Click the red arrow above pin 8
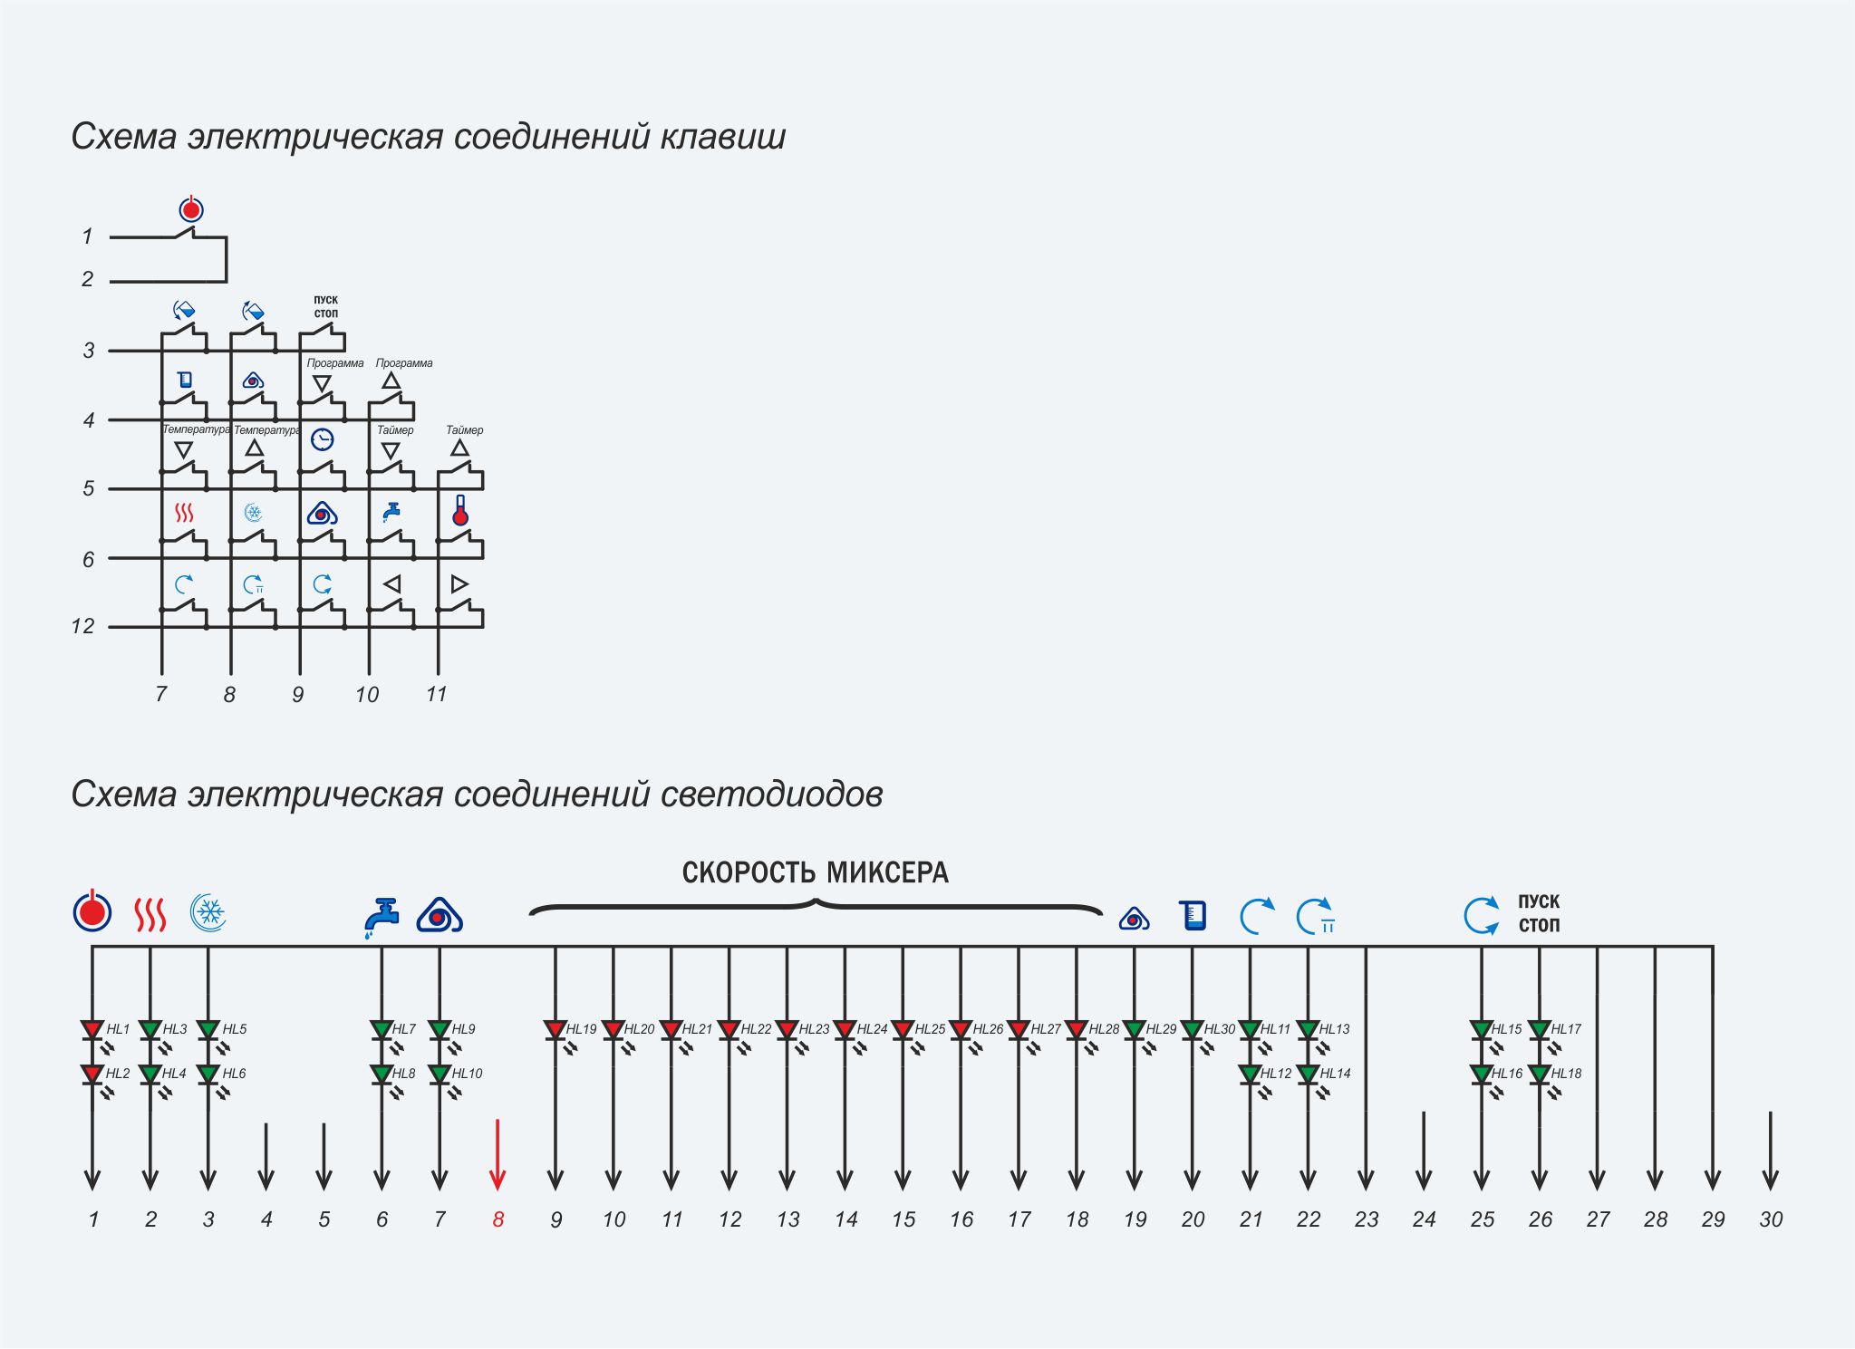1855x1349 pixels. (x=498, y=1155)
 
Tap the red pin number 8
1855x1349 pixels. (x=498, y=1219)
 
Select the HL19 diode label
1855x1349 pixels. (x=582, y=1029)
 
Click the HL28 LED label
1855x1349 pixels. (x=1104, y=1029)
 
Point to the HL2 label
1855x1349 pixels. (x=118, y=1074)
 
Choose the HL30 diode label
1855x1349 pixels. (x=1220, y=1029)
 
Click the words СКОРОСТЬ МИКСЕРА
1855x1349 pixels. (x=815, y=872)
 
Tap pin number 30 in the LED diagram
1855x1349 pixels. (x=1771, y=1219)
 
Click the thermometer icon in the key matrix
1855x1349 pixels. (x=460, y=511)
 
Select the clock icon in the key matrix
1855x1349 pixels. (x=322, y=439)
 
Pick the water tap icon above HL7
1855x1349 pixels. (x=382, y=918)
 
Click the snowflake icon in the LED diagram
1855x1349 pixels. (x=208, y=912)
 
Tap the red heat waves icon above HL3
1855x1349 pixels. (x=150, y=914)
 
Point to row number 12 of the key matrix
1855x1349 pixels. (x=82, y=626)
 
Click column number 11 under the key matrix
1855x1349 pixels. (x=436, y=694)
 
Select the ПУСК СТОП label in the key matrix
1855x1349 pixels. (x=326, y=306)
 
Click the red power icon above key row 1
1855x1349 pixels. (x=190, y=209)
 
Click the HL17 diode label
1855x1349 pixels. (x=1566, y=1029)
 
